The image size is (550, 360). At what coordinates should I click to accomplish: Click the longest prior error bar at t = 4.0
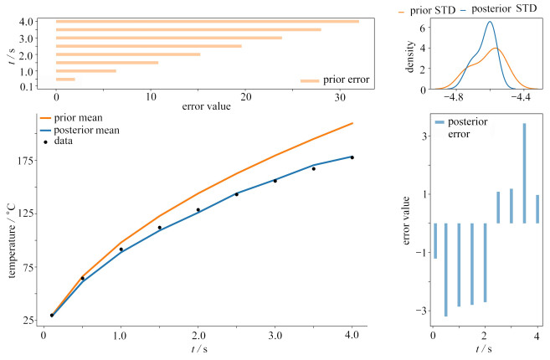point(207,22)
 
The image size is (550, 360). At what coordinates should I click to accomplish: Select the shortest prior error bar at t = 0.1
point(65,80)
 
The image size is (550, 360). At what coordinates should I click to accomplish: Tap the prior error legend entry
point(334,80)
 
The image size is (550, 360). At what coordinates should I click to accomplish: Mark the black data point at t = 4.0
point(352,157)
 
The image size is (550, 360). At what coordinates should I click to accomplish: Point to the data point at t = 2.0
point(198,210)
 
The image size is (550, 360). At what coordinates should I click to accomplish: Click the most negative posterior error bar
point(446,270)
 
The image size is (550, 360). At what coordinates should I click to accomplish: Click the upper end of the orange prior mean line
point(352,123)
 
